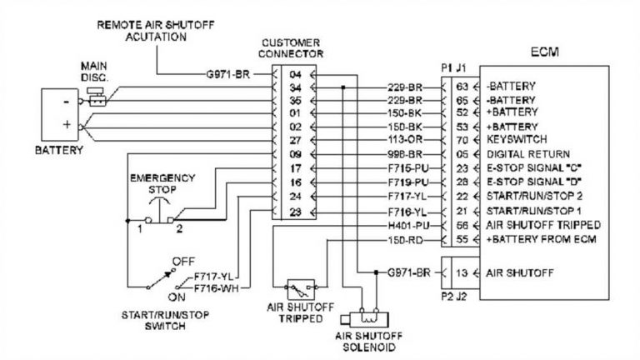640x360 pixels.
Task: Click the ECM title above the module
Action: pos(545,52)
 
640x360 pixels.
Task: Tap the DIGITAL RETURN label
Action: pos(527,154)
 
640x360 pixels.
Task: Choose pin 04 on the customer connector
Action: pos(295,74)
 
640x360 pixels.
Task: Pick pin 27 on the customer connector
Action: pos(295,140)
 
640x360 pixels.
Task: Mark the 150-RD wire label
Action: pos(406,239)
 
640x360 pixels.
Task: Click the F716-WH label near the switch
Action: pos(212,287)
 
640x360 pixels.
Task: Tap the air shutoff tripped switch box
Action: pos(302,290)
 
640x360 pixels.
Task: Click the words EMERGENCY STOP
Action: pos(162,182)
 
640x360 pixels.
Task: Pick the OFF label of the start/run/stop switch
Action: pos(182,261)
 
